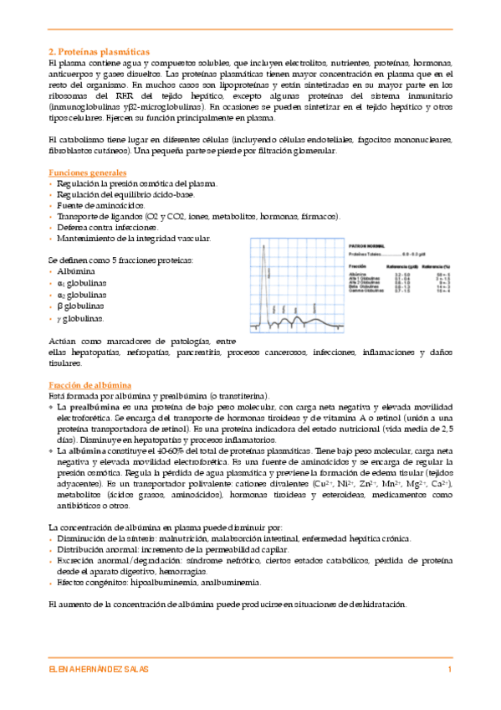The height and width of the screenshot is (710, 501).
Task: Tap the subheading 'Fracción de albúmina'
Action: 89,383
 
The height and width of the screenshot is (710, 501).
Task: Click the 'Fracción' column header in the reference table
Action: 358,266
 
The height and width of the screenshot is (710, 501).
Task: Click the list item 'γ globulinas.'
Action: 81,318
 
